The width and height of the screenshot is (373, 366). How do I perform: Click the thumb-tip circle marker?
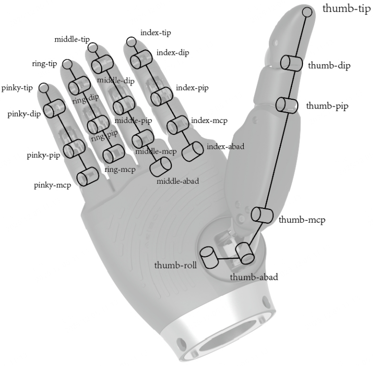click(307, 12)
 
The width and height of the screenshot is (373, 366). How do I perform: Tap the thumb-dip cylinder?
click(292, 63)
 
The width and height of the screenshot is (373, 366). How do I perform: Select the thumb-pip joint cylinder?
click(287, 105)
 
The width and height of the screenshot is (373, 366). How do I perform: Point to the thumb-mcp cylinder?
click(262, 215)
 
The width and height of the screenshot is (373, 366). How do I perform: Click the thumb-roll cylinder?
click(209, 258)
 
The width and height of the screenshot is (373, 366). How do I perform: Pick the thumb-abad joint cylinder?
click(245, 253)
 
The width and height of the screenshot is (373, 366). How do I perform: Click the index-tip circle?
click(131, 42)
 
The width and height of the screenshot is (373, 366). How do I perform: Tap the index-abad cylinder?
click(192, 152)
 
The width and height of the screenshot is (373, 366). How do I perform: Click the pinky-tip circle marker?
click(43, 88)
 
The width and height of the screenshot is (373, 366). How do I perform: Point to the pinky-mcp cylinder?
click(88, 176)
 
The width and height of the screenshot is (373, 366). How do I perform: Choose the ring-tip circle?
click(67, 64)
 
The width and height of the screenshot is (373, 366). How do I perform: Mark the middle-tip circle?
click(93, 47)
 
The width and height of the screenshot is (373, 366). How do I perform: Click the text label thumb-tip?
click(346, 9)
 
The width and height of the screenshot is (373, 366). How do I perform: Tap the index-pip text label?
click(192, 88)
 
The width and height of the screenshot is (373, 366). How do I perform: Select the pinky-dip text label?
click(24, 114)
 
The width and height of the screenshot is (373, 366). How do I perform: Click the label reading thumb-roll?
click(175, 265)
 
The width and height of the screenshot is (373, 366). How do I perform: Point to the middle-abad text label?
click(178, 181)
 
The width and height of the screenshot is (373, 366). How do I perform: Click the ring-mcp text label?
click(120, 169)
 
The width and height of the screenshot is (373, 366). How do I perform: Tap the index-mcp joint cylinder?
click(178, 125)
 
